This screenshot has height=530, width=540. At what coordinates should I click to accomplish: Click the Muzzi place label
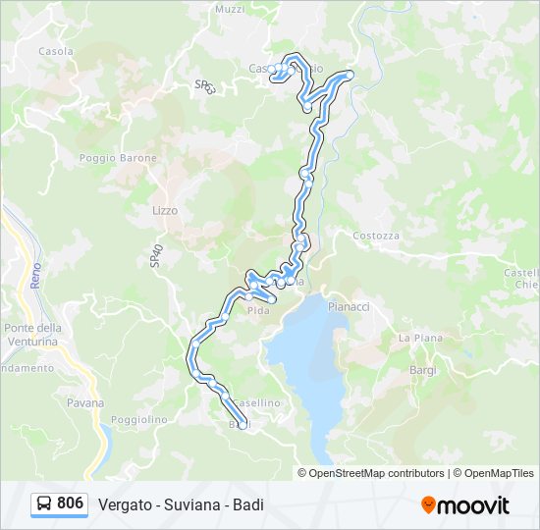click(x=229, y=9)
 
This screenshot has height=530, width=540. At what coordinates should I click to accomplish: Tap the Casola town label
click(x=56, y=51)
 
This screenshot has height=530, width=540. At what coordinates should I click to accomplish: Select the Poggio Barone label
click(x=111, y=157)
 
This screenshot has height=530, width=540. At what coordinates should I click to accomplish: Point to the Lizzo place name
click(x=165, y=210)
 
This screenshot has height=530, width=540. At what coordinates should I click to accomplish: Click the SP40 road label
click(x=155, y=257)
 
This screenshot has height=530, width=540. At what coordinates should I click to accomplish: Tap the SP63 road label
click(x=204, y=86)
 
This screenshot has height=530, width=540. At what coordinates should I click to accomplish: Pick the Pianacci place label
click(x=349, y=306)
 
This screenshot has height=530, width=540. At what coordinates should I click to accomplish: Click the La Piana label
click(x=416, y=338)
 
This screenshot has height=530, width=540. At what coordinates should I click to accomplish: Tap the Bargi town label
click(x=423, y=370)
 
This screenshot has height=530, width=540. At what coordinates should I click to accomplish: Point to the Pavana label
click(x=85, y=402)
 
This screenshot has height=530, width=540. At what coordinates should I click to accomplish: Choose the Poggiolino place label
click(x=139, y=419)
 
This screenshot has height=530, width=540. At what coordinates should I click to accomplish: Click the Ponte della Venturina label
click(x=32, y=335)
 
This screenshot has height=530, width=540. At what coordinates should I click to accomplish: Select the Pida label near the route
click(x=258, y=311)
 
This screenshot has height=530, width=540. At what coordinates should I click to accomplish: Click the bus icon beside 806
click(x=44, y=503)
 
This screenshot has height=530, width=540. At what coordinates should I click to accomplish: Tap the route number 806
click(x=70, y=503)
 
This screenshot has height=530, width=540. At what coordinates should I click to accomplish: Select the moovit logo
click(x=465, y=505)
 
